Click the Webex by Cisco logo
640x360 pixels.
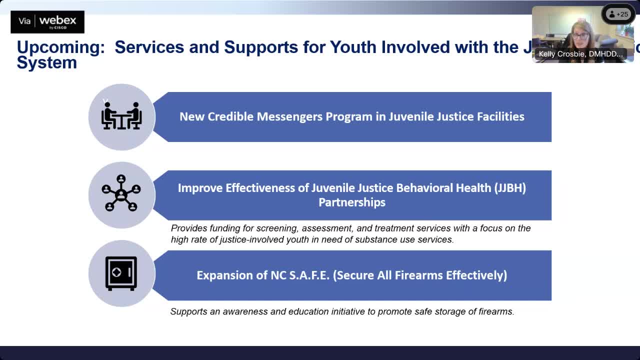pyautogui.click(x=47, y=21)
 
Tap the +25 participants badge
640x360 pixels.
pyautogui.click(x=618, y=14)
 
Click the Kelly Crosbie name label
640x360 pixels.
pyautogui.click(x=580, y=54)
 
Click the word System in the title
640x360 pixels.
pyautogui.click(x=46, y=63)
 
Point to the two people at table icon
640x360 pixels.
pyautogui.click(x=121, y=116)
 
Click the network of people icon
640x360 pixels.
pyautogui.click(x=121, y=193)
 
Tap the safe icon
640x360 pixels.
pyautogui.click(x=121, y=273)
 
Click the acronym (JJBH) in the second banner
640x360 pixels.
pyautogui.click(x=510, y=188)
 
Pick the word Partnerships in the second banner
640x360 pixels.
pyautogui.click(x=352, y=202)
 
